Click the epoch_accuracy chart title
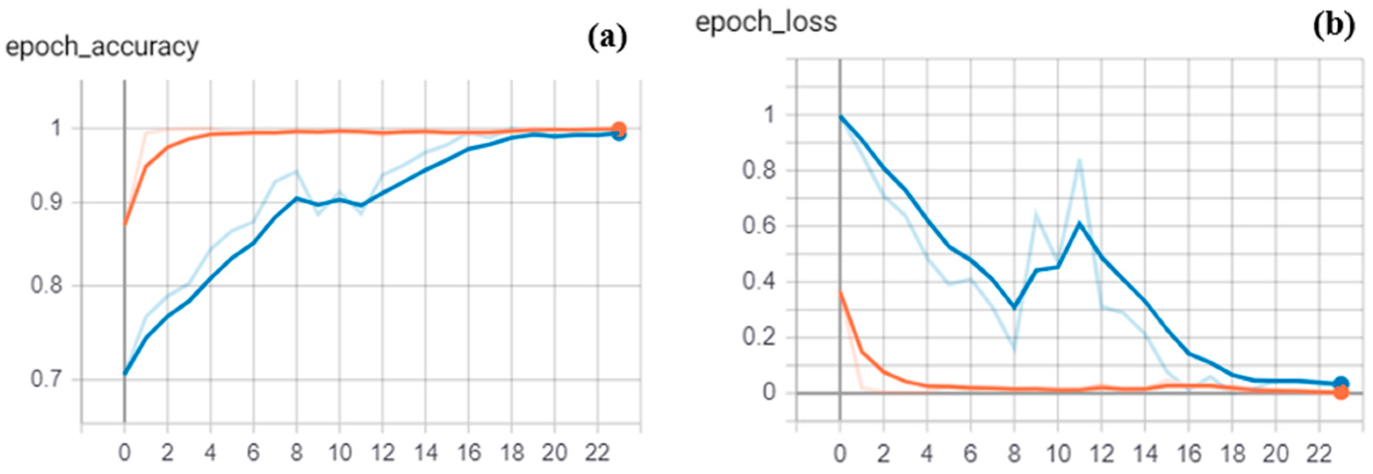[102, 47]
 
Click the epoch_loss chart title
[766, 22]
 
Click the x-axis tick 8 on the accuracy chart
[296, 452]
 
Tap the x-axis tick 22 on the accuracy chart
[597, 452]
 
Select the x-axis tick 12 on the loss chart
[1101, 454]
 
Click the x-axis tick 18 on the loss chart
[1232, 454]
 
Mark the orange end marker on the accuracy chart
[619, 129]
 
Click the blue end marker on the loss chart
[1341, 384]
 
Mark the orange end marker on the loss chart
[1341, 392]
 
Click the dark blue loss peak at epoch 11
[1079, 223]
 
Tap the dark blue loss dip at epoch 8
[1014, 308]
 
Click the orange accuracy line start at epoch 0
[125, 224]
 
